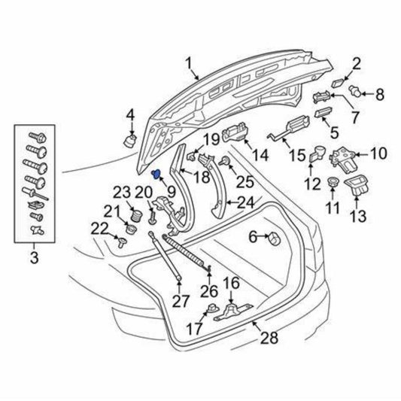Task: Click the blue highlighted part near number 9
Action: (156, 175)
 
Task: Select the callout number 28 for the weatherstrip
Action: (269, 337)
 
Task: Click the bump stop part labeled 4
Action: (130, 141)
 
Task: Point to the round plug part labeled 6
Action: (274, 238)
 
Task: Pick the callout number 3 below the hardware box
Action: (35, 257)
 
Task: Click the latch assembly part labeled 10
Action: (344, 160)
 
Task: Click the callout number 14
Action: (260, 155)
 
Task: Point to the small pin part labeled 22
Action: (121, 242)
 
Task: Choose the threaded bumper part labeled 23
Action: (137, 215)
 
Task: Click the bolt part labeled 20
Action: (152, 217)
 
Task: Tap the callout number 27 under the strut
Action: (181, 301)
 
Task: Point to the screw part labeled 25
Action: (224, 161)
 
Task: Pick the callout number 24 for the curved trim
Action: (246, 202)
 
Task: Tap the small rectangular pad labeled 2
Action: (339, 83)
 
